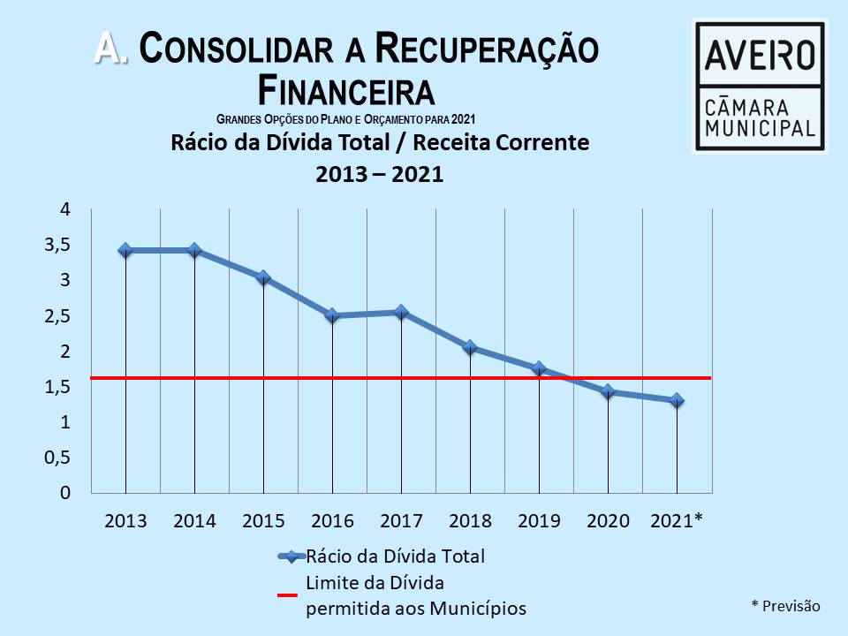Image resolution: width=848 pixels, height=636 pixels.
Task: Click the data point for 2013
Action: (x=125, y=250)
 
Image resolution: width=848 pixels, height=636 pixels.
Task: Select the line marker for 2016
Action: (x=332, y=315)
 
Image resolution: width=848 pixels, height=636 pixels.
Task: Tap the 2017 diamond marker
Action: (x=401, y=312)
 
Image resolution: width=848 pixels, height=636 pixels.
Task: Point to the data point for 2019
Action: (x=539, y=368)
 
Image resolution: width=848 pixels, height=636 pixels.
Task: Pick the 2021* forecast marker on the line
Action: (x=677, y=400)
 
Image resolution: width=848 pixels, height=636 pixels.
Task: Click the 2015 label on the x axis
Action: (x=263, y=521)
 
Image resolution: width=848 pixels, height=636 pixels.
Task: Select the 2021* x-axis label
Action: (x=677, y=521)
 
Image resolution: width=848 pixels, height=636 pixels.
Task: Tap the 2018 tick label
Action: (x=470, y=521)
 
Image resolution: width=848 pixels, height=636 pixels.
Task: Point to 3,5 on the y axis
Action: (x=56, y=245)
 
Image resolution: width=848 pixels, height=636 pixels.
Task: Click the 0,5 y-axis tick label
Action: (x=56, y=458)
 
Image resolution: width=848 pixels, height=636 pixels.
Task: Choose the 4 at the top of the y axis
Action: (x=64, y=209)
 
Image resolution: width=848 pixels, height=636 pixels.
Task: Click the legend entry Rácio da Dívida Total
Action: (x=395, y=556)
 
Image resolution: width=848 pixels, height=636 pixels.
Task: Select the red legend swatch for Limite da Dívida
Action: (x=288, y=595)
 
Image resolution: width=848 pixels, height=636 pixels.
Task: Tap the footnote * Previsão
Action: (x=785, y=606)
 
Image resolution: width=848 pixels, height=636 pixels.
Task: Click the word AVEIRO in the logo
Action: (x=760, y=55)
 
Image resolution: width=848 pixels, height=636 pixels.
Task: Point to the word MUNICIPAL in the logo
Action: (x=760, y=129)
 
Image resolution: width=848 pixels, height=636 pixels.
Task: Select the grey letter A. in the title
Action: (x=111, y=49)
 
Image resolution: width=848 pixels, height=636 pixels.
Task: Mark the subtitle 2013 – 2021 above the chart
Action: (x=379, y=175)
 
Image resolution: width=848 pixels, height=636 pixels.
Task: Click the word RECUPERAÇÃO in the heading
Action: (x=487, y=49)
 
